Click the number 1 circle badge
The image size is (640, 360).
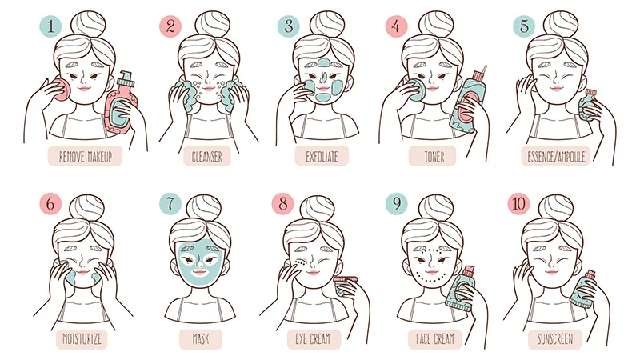point(50,26)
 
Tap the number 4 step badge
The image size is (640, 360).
point(396,26)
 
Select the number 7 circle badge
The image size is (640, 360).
point(170,203)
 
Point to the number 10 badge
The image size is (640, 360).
point(518,203)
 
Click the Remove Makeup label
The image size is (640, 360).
point(86,156)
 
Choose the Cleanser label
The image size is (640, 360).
point(207,156)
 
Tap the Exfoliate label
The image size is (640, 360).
point(322,156)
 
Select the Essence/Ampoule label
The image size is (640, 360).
point(555,156)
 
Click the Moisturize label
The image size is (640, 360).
point(82,338)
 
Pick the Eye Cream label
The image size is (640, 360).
point(314,338)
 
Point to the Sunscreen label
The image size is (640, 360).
point(554,338)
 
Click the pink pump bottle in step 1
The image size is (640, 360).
point(122,104)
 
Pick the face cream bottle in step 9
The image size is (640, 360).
point(461,290)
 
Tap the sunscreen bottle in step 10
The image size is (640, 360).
point(585,289)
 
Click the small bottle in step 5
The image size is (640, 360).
point(587,106)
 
